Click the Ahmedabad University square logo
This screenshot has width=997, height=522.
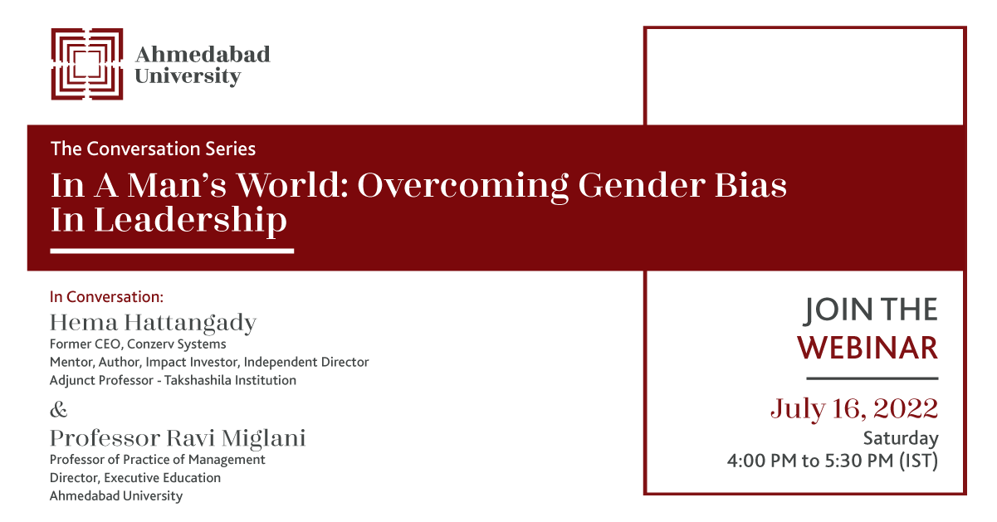(x=86, y=64)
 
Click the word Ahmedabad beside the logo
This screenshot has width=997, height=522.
(x=203, y=55)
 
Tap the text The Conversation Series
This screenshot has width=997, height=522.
(x=153, y=149)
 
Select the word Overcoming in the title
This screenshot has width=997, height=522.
(x=462, y=185)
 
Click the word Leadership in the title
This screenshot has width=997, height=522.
(x=190, y=221)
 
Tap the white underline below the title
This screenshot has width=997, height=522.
(x=172, y=250)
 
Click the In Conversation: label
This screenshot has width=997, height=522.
(x=107, y=296)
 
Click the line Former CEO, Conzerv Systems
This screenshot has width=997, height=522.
(x=138, y=344)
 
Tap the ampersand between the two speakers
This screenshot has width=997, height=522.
(x=59, y=410)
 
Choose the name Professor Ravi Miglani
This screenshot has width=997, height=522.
(x=178, y=437)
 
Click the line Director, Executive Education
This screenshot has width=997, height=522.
(x=135, y=478)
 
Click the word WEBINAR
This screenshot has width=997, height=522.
(x=867, y=348)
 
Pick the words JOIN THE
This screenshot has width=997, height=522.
(x=871, y=310)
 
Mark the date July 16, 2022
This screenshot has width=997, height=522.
(x=854, y=408)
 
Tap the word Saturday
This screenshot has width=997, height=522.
(x=900, y=438)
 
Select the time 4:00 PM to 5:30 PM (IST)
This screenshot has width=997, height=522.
(x=833, y=461)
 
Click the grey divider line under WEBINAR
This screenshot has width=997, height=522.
(x=872, y=378)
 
